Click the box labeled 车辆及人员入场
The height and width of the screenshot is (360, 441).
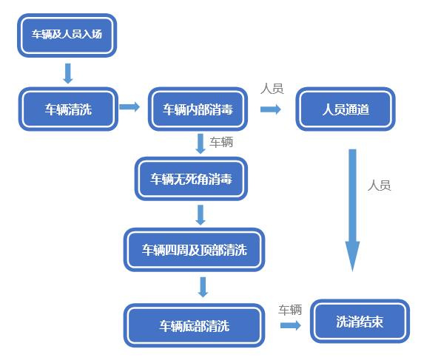click(67, 35)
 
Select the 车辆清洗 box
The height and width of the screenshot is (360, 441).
click(68, 109)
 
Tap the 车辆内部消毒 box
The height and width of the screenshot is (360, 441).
click(198, 109)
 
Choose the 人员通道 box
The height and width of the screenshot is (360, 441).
click(346, 109)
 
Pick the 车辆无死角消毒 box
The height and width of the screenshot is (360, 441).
click(191, 179)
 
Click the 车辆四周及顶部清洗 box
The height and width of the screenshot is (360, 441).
click(194, 250)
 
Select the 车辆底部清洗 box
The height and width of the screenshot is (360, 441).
click(194, 325)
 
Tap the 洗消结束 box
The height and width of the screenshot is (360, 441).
click(360, 322)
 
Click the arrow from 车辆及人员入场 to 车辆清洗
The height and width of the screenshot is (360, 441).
click(68, 74)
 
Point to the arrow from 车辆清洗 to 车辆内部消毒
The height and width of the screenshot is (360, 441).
click(129, 106)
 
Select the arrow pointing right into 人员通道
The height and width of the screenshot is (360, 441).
click(271, 109)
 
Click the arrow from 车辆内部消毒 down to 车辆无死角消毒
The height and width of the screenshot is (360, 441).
click(201, 143)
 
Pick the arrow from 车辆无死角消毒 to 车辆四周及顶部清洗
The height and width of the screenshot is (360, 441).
click(201, 215)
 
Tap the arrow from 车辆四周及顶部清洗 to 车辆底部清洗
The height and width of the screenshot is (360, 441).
click(203, 287)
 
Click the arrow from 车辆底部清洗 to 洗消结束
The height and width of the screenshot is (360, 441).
click(291, 325)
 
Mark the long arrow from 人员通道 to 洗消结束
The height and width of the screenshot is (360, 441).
click(352, 210)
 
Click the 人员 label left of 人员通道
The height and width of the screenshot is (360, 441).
click(272, 89)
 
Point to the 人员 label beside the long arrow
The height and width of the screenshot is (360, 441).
click(380, 186)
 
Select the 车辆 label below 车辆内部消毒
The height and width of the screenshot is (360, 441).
click(221, 142)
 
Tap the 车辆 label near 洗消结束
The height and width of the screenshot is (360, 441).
click(290, 310)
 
